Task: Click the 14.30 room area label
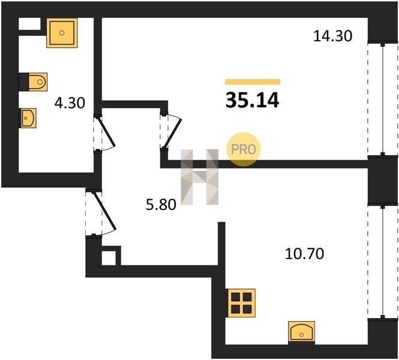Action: pyautogui.click(x=332, y=36)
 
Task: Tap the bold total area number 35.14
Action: pyautogui.click(x=252, y=100)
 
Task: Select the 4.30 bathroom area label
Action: pyautogui.click(x=70, y=103)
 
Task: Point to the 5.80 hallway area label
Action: pyautogui.click(x=161, y=205)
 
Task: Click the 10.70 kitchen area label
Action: pyautogui.click(x=305, y=253)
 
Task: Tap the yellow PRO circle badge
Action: pyautogui.click(x=243, y=149)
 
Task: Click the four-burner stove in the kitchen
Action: pyautogui.click(x=241, y=303)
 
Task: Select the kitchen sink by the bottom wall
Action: pyautogui.click(x=302, y=332)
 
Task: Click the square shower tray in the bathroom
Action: pyautogui.click(x=62, y=33)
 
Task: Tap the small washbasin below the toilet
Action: pyautogui.click(x=28, y=118)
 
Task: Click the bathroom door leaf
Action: pyautogui.click(x=106, y=132)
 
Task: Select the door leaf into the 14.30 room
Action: pyautogui.click(x=173, y=133)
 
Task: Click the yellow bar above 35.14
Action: pyautogui.click(x=253, y=82)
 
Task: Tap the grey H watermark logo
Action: pyautogui.click(x=199, y=177)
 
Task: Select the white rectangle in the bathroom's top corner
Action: pyautogui.click(x=30, y=24)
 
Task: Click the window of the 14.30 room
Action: pyautogui.click(x=383, y=99)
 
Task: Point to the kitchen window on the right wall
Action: pyautogui.click(x=383, y=262)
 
